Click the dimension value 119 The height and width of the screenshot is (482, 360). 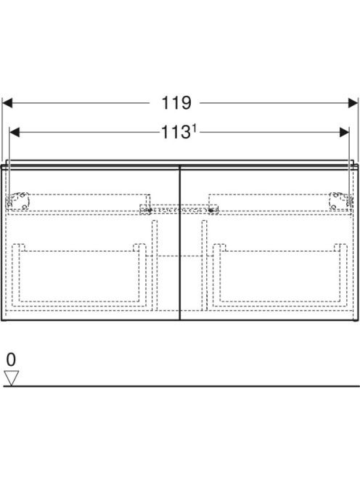(176, 103)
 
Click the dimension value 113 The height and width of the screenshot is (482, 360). (175, 133)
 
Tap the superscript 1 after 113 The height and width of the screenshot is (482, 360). (194, 131)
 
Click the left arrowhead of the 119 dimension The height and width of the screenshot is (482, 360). (7, 103)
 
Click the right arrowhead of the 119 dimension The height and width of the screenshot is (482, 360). (353, 103)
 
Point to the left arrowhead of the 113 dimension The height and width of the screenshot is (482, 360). (15, 133)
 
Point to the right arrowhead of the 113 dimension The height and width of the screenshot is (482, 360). (344, 133)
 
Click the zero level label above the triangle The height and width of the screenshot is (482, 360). (11, 359)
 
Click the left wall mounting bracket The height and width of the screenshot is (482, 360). (18, 201)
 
